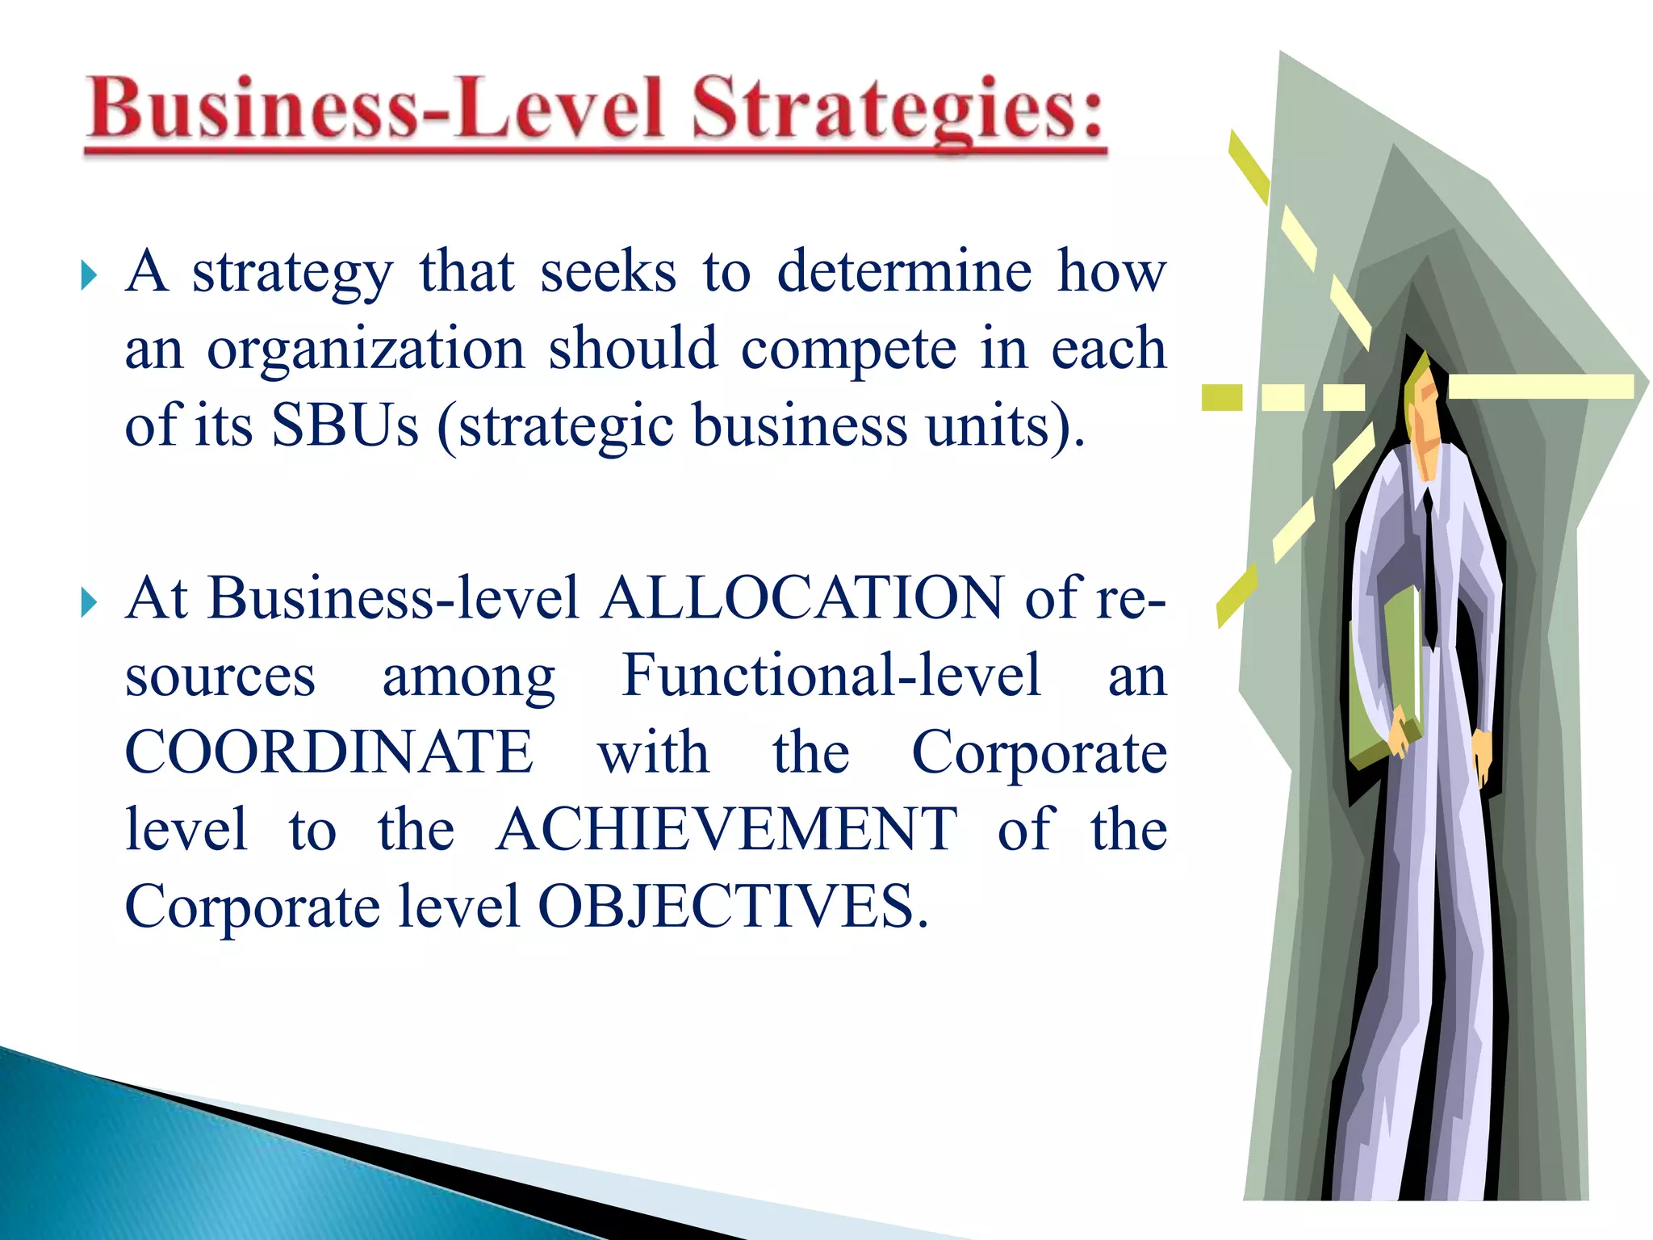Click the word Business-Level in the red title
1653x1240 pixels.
[376, 108]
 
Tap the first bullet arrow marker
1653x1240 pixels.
[90, 276]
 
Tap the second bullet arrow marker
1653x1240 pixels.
[90, 602]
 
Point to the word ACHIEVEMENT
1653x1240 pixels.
[726, 829]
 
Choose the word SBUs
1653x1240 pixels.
[345, 425]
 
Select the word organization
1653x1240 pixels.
[366, 349]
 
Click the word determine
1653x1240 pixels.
[904, 271]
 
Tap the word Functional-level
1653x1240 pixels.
[831, 675]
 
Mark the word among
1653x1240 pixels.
[468, 677]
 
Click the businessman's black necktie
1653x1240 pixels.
[1429, 565]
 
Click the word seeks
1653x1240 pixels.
[608, 271]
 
